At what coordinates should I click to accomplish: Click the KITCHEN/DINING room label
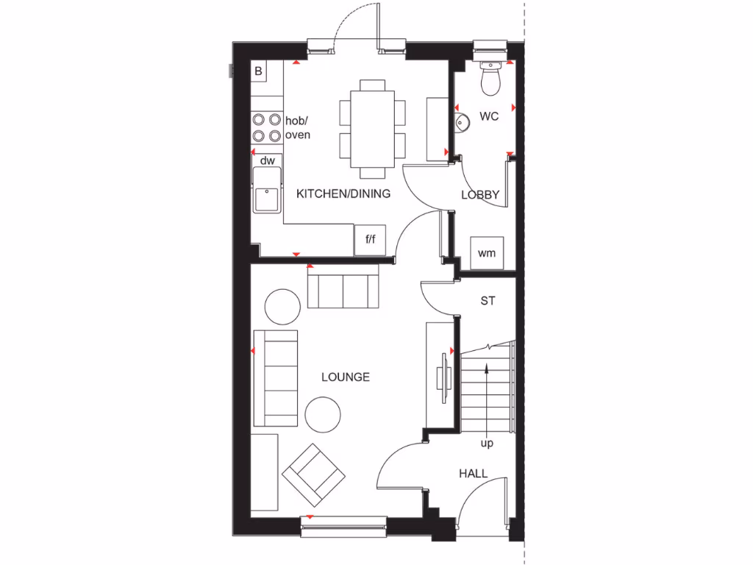point(343,194)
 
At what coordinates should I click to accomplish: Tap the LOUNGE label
point(346,377)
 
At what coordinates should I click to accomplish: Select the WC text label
point(489,116)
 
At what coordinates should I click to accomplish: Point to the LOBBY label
point(480,195)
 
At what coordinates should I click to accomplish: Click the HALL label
point(473,474)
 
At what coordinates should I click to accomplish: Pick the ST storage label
point(488,300)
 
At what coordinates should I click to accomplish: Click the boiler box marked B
point(258,71)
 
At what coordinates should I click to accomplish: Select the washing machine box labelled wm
point(487,253)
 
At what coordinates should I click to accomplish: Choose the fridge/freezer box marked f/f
point(370,239)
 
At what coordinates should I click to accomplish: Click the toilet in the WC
point(490,78)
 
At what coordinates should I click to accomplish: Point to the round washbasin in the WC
point(461,124)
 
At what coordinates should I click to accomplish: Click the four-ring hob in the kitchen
point(266,127)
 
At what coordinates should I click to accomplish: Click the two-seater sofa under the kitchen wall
point(343,289)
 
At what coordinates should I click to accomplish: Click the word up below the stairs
point(487,444)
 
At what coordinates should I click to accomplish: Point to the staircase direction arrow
point(487,397)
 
